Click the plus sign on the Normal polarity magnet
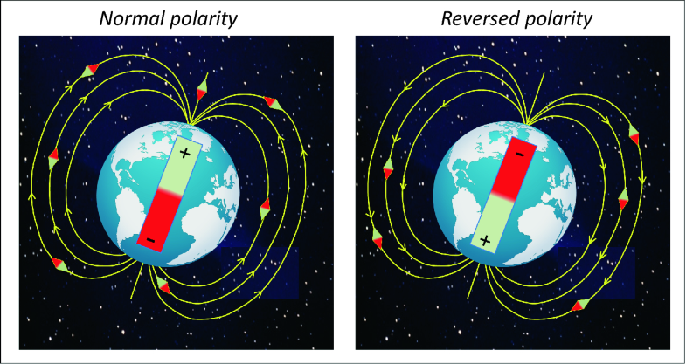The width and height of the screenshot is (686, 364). click(x=184, y=153)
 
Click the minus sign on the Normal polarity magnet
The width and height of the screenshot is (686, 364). click(x=152, y=237)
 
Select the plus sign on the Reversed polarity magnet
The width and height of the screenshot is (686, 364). click(x=485, y=238)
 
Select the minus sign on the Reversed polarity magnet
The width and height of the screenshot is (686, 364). click(x=519, y=154)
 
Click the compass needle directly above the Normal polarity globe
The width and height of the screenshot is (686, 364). click(x=202, y=88)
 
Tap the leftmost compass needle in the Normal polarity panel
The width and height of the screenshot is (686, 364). click(x=53, y=158)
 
